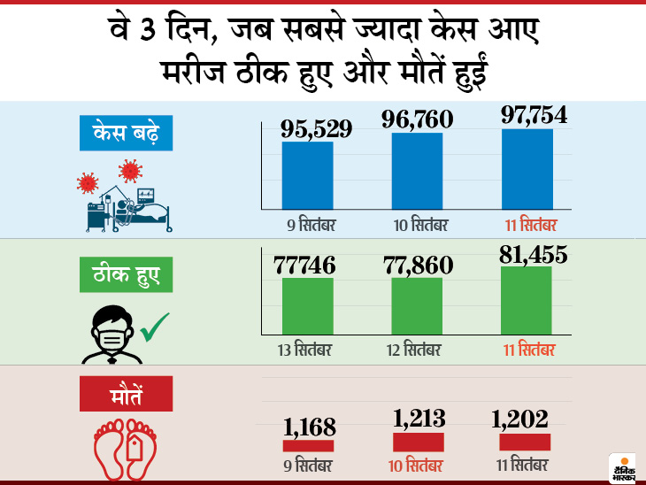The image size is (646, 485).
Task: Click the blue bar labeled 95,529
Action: tap(308, 175)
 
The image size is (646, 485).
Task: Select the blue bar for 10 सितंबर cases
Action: tap(417, 171)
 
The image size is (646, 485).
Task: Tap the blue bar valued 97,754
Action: tap(527, 169)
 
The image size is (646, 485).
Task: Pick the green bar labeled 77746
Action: tap(308, 306)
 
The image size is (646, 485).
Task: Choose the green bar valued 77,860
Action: tap(417, 306)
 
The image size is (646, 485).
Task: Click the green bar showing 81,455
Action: tap(527, 300)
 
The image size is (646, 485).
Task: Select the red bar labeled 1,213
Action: tap(419, 442)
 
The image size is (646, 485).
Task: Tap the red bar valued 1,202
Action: tap(525, 442)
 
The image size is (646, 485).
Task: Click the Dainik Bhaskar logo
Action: tap(622, 469)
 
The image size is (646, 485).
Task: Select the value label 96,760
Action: tap(417, 118)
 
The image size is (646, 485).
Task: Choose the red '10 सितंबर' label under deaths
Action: tap(418, 466)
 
